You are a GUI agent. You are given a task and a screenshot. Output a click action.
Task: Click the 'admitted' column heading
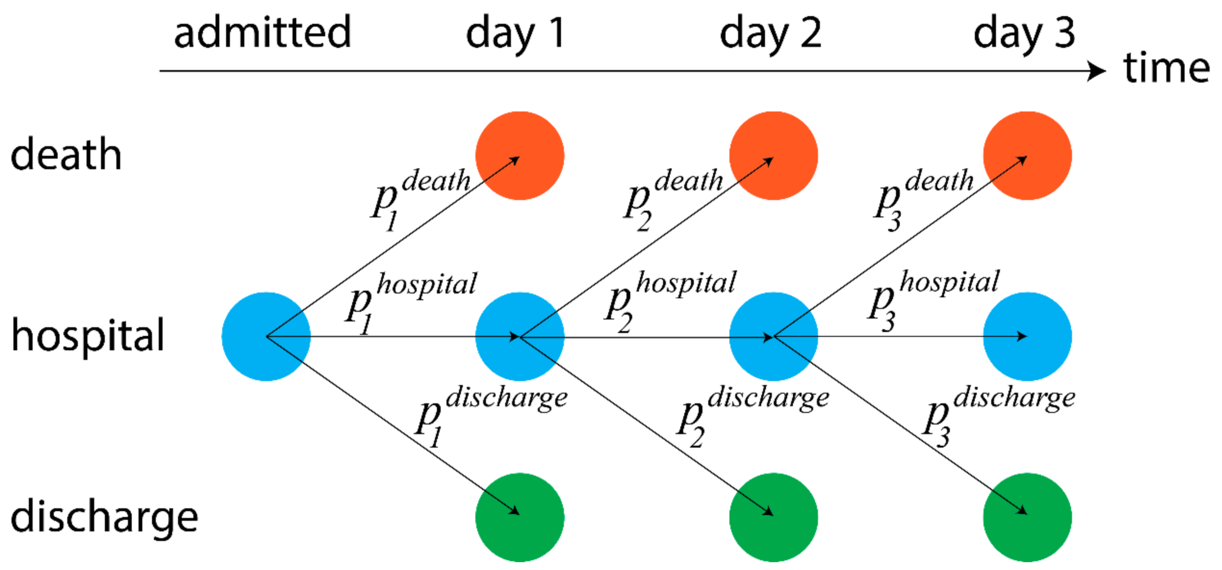[x=262, y=32]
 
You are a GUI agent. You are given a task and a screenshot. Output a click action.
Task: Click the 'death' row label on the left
[x=66, y=154]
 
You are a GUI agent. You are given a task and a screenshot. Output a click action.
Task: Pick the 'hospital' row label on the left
[x=88, y=336]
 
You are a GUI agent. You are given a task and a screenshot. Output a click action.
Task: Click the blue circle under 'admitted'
[x=266, y=337]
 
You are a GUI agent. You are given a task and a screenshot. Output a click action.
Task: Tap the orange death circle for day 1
[x=520, y=156]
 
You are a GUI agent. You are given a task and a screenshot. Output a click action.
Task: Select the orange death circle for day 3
[x=1027, y=156]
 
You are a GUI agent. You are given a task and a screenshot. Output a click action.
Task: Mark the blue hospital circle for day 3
[x=1027, y=337]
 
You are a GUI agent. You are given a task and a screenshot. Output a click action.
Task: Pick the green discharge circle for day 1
[x=520, y=517]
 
